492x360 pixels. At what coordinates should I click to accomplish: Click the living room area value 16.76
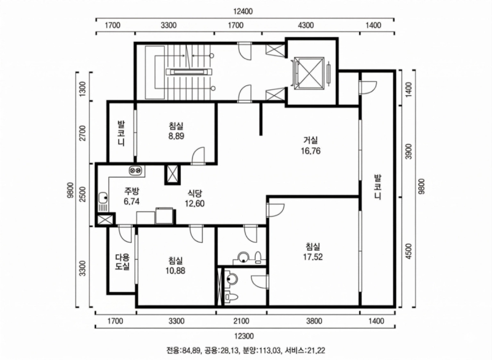click(311, 151)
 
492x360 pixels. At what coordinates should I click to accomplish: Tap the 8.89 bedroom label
click(176, 131)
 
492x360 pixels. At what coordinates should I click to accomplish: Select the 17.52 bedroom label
click(313, 252)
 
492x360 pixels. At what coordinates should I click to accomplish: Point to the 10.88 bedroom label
click(176, 265)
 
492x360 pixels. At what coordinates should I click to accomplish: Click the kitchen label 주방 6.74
click(132, 196)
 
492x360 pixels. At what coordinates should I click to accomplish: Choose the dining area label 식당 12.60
click(194, 198)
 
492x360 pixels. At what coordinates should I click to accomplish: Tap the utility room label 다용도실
click(122, 262)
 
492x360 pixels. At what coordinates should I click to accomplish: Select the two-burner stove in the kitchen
click(136, 170)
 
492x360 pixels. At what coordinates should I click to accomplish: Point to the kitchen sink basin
click(103, 198)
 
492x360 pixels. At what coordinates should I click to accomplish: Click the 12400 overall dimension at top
click(243, 11)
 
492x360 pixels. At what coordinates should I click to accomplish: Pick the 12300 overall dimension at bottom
click(244, 336)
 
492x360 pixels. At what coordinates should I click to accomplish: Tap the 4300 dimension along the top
click(305, 25)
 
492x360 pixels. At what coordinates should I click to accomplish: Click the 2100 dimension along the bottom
click(241, 321)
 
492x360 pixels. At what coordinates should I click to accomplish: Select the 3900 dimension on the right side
click(408, 152)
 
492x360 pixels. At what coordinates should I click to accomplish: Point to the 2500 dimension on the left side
click(82, 194)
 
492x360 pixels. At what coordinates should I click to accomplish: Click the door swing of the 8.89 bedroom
click(199, 155)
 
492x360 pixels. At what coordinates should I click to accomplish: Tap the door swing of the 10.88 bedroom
click(197, 233)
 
